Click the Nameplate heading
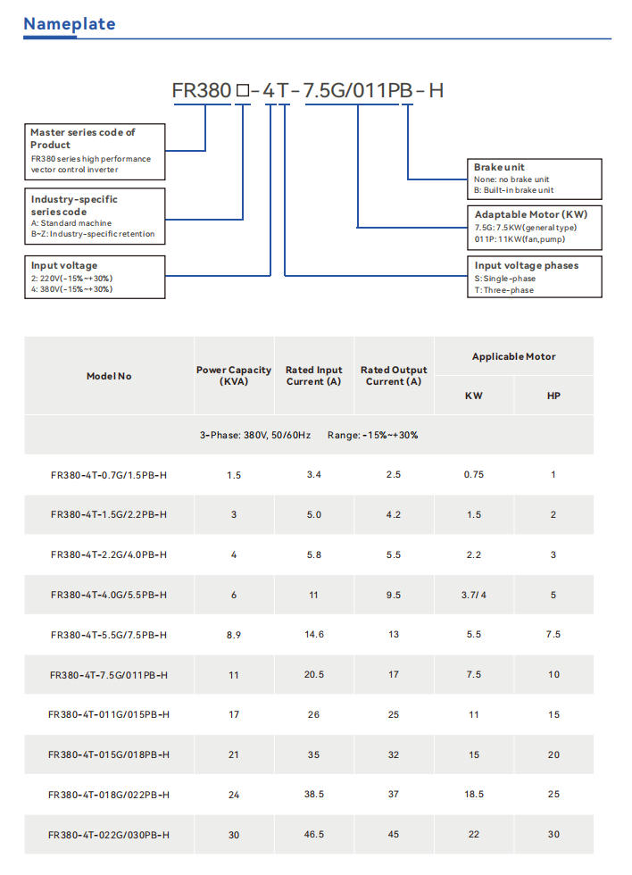(x=69, y=24)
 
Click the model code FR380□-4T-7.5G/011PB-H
(x=308, y=91)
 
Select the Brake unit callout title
(x=500, y=167)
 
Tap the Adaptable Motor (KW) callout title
(x=531, y=214)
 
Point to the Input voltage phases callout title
(x=527, y=265)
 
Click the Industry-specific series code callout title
(x=74, y=204)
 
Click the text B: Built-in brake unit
(x=514, y=190)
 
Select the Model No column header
(x=109, y=376)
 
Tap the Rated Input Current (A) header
(x=314, y=376)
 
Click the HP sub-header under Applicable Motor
(x=553, y=396)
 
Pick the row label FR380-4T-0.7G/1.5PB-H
(x=109, y=475)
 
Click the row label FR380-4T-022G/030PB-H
(x=109, y=835)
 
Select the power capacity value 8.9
(x=234, y=635)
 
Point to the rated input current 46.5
(x=314, y=835)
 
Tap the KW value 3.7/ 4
(x=474, y=595)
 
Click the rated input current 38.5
(x=314, y=795)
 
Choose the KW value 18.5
(x=474, y=795)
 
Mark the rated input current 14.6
(x=314, y=635)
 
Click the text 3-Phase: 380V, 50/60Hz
(x=255, y=435)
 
